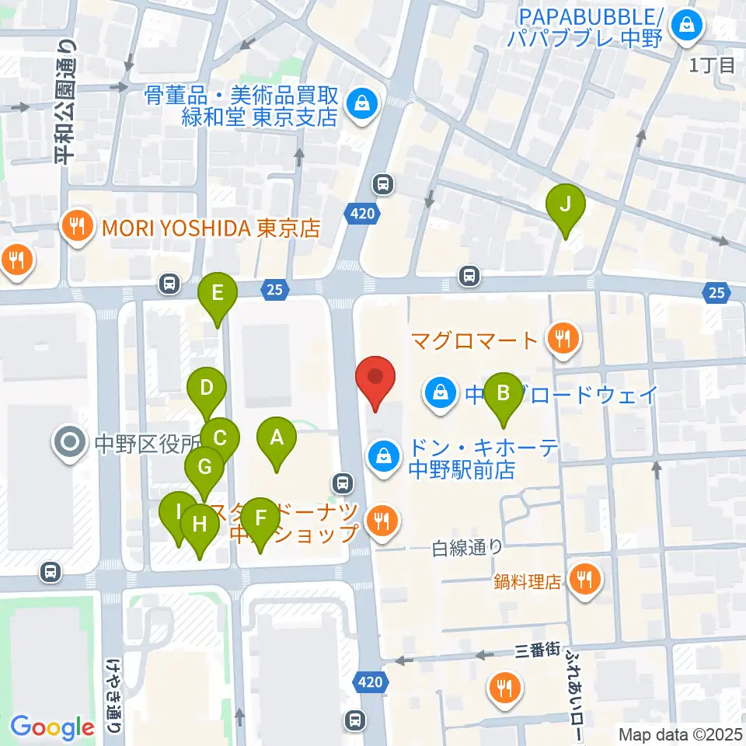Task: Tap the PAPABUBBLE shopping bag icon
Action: (x=687, y=25)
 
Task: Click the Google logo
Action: (x=52, y=727)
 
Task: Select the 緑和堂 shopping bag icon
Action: (x=361, y=101)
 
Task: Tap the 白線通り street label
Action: (x=468, y=548)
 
